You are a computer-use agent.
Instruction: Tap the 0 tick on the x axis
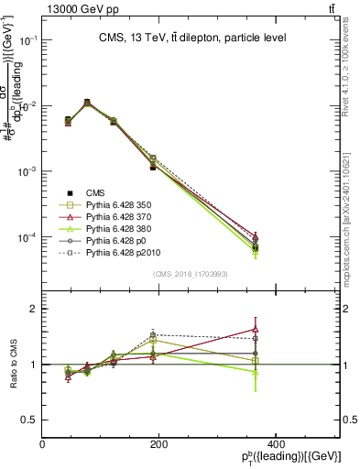(x=42, y=444)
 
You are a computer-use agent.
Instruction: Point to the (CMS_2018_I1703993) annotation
(x=191, y=275)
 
